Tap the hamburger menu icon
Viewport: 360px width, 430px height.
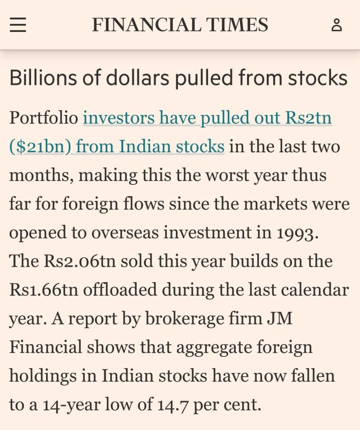18,25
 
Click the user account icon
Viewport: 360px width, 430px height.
337,25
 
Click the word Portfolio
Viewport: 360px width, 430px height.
44,118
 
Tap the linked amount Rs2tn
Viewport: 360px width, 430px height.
308,118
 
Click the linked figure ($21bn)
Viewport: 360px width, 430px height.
40,147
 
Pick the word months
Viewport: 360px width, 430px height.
41,175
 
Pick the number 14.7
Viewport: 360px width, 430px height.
173,405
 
